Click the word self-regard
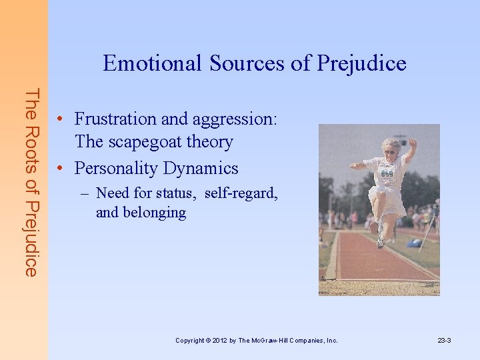pyautogui.click(x=241, y=194)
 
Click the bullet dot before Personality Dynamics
pyautogui.click(x=61, y=168)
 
